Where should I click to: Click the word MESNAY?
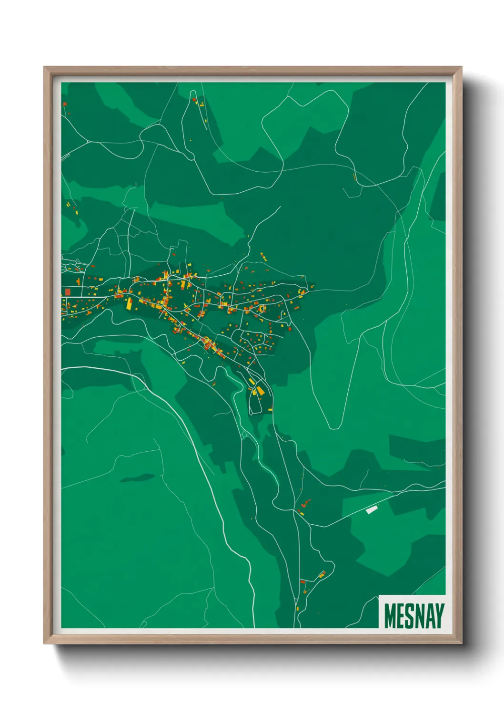(414, 615)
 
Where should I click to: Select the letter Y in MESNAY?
(440, 615)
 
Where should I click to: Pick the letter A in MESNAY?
(431, 615)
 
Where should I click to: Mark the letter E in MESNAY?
(402, 615)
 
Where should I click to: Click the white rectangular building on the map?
(372, 509)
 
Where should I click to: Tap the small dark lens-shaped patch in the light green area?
(137, 478)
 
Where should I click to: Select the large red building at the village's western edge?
(68, 291)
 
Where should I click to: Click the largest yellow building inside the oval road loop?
(261, 391)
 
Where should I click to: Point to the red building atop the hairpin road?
(194, 100)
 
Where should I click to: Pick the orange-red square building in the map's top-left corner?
(64, 103)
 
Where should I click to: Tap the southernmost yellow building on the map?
(297, 608)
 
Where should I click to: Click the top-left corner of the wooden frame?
(44, 67)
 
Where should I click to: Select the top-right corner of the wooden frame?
(461, 67)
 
